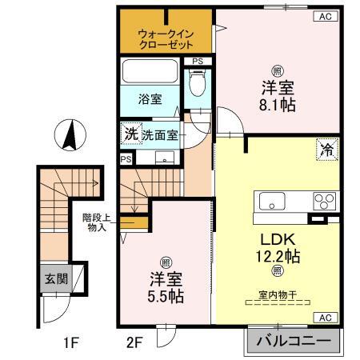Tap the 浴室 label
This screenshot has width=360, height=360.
click(150, 101)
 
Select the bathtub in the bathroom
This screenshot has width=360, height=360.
click(149, 74)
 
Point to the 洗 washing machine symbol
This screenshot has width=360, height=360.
click(130, 134)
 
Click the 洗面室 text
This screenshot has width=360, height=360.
click(161, 134)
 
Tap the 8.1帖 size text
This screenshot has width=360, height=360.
click(276, 105)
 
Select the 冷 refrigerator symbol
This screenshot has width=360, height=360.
click(326, 149)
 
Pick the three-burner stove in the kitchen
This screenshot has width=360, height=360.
click(322, 200)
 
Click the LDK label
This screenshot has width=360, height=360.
click(277, 238)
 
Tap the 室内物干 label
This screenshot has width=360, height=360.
click(277, 295)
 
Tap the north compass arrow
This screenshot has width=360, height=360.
click(69, 135)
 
